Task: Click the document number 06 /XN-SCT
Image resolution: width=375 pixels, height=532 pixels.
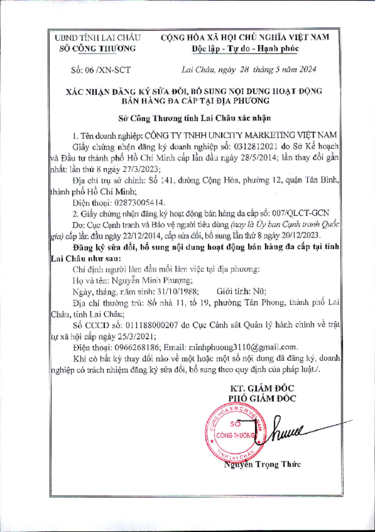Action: click(x=101, y=70)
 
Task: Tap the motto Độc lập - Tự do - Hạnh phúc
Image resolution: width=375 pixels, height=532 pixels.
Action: click(x=245, y=48)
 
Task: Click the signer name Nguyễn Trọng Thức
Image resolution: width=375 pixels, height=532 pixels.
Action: click(x=262, y=465)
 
